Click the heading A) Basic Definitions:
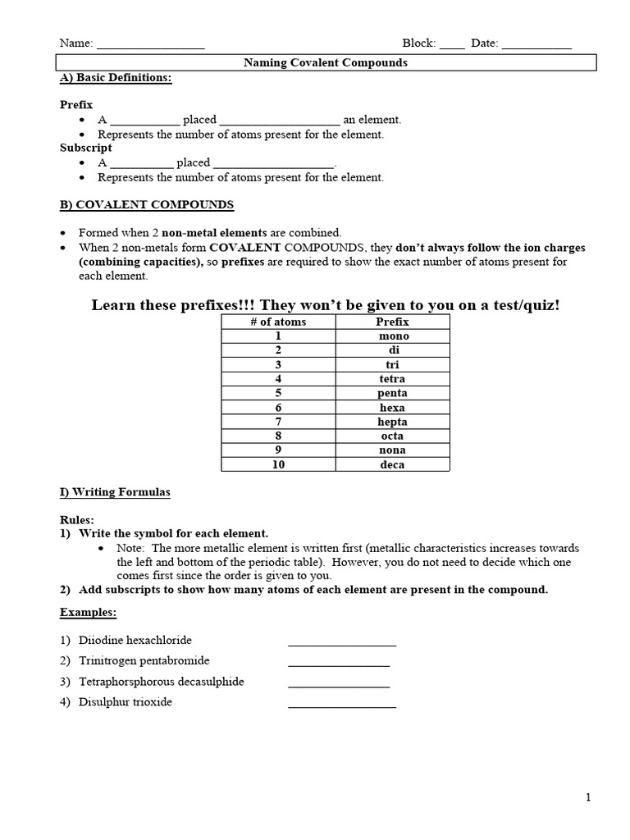116,77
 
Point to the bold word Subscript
86,148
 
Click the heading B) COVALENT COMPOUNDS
147,204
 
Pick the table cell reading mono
394,336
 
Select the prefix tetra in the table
393,379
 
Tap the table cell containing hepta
393,422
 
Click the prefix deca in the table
393,465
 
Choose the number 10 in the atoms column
278,465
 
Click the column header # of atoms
278,322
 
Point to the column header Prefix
392,322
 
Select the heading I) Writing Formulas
116,492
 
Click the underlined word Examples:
88,612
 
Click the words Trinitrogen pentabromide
144,660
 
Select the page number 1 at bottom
588,797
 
